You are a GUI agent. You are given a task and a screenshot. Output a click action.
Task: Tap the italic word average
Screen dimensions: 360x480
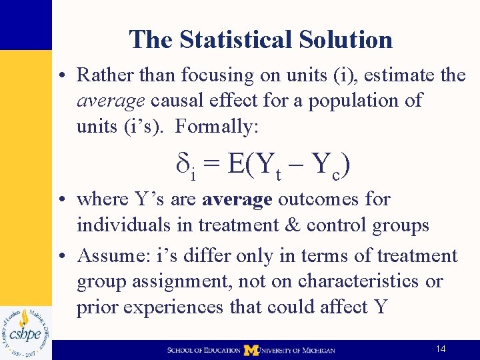pos(111,101)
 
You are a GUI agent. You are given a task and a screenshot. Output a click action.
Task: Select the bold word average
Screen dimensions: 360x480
pos(237,199)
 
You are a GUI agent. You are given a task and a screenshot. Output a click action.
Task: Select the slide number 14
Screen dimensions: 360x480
pos(440,349)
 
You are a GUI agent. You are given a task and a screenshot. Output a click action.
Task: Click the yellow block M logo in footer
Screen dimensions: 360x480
pos(251,349)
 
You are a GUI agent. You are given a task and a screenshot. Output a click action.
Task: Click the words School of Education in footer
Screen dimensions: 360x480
pos(204,350)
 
